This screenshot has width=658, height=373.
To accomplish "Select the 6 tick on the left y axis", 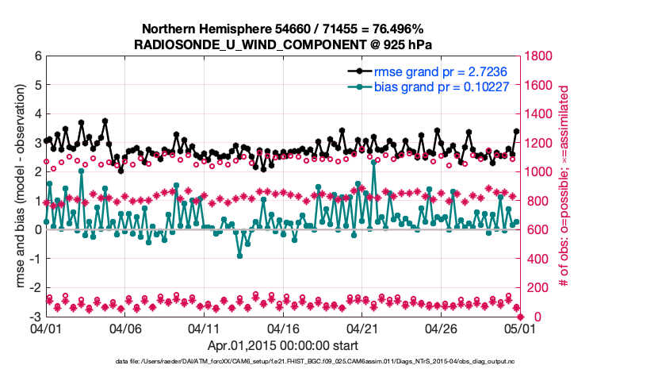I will coord(37,56).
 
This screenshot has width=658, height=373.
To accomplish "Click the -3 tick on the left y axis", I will coord(35,317).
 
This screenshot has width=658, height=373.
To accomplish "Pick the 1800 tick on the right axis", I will coord(539,56).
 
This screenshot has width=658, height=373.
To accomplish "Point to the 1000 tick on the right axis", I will coord(539,171).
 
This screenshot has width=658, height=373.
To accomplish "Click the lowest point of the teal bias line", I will coord(239,256).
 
